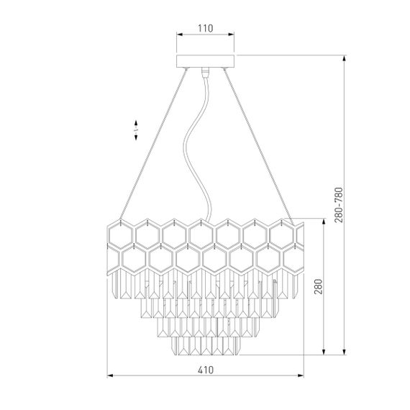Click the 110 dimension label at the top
(206, 28)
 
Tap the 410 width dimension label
(206, 370)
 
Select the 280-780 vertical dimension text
(339, 205)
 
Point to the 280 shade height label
(318, 286)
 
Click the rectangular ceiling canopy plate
(205, 61)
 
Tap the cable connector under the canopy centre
(205, 72)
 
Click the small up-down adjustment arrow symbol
(136, 130)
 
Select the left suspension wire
(153, 144)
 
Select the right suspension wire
(259, 147)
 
